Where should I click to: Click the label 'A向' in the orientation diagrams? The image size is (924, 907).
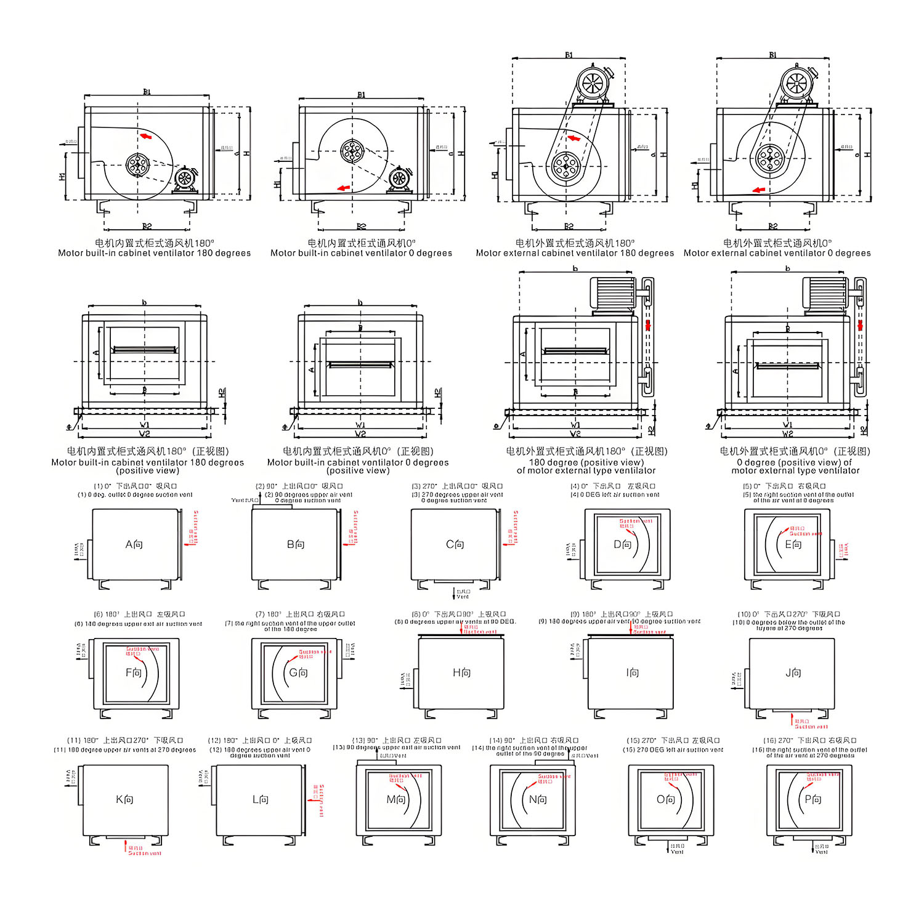click(134, 544)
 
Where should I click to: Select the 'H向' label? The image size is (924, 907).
click(461, 673)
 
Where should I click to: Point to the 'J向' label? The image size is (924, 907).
click(793, 673)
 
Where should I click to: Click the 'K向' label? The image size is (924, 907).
click(124, 799)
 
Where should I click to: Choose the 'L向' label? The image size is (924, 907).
click(261, 799)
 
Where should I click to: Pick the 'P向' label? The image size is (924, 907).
click(813, 799)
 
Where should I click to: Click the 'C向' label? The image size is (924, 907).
click(455, 544)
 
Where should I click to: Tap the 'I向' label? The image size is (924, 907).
click(632, 673)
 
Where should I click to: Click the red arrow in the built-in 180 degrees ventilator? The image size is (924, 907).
click(145, 136)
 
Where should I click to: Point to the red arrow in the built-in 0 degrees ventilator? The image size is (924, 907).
click(343, 188)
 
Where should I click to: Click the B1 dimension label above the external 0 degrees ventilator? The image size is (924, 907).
click(772, 55)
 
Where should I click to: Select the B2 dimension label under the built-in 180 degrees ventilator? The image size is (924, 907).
click(147, 227)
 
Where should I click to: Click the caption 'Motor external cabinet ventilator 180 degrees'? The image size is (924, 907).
click(575, 253)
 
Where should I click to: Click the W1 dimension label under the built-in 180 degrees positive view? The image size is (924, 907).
click(145, 425)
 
